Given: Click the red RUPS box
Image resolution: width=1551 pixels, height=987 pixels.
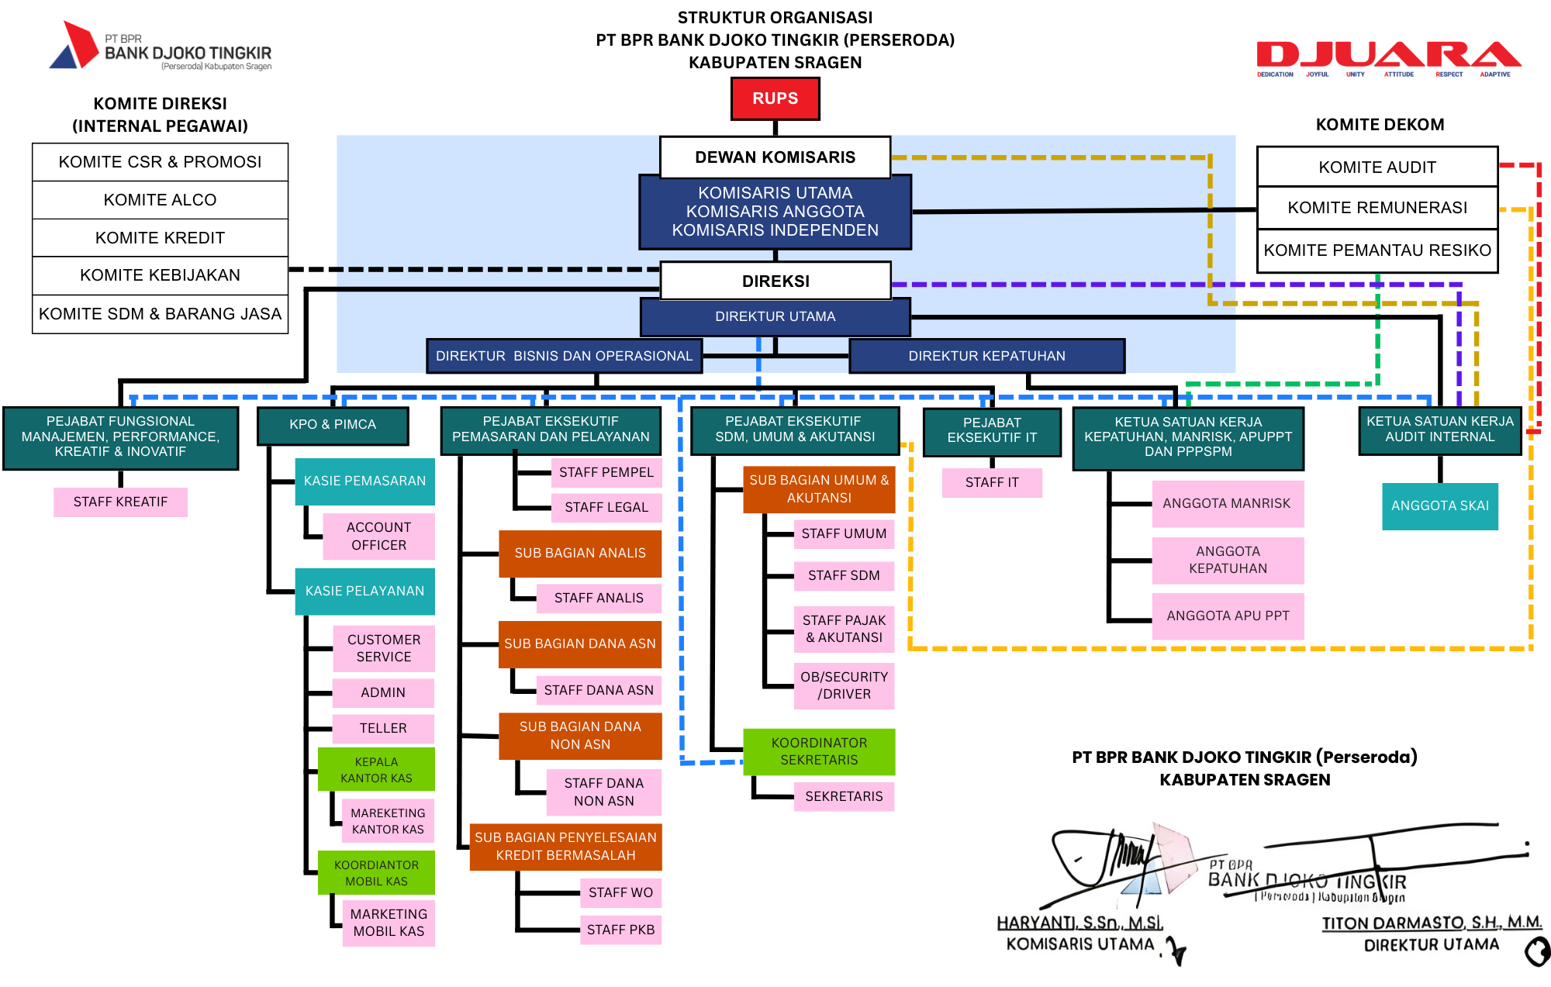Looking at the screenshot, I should point(775,98).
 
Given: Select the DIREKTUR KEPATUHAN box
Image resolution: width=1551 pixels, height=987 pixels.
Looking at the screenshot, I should point(986,356).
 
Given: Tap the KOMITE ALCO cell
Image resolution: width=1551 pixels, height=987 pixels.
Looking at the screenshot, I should point(160,200).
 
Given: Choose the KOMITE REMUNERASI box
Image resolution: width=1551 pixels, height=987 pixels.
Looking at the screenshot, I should point(1377,208).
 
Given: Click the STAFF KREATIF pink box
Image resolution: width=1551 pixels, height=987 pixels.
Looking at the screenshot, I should point(120,502).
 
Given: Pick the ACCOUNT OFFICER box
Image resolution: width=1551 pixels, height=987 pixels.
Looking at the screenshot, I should point(378,536).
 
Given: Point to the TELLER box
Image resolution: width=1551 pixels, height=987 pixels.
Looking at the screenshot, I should point(383,728).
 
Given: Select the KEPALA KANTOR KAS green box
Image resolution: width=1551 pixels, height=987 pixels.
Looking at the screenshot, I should point(376,769).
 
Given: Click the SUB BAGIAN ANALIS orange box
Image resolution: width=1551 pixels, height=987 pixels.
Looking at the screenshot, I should point(579,553).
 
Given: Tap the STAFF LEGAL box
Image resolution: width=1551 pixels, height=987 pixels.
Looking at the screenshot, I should point(606,507).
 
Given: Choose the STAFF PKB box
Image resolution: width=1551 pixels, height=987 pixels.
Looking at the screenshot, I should point(620,930).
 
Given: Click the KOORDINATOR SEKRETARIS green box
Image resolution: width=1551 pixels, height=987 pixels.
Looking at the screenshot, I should point(819,751).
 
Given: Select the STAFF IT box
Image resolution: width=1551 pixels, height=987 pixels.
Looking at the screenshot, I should point(992,482).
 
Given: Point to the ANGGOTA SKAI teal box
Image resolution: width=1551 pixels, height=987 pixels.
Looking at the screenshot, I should point(1439,506).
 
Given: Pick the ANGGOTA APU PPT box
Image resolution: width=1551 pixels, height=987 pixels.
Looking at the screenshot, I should point(1228,616).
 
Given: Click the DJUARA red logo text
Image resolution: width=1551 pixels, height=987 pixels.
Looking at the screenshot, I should point(1388,55).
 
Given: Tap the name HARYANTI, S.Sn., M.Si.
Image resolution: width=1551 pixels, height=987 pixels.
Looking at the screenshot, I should point(1079,923).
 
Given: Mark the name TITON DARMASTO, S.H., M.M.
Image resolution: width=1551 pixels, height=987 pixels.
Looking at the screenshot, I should point(1432,923).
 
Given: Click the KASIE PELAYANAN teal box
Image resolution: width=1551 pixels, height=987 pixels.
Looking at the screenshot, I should point(364,591).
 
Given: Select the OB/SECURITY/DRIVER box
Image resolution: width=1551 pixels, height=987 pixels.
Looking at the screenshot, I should point(844,685).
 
